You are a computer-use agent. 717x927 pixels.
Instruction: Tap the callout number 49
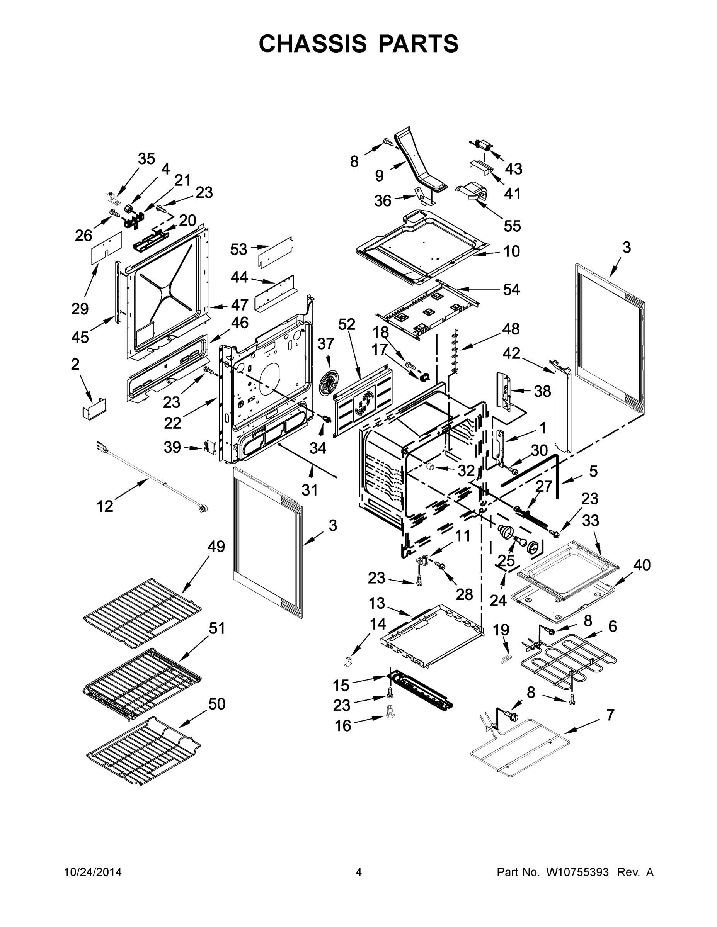[216, 546]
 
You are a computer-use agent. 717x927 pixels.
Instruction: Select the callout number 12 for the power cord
[104, 506]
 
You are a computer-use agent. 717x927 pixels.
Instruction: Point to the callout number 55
[512, 226]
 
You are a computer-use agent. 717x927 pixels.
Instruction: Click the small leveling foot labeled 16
[390, 712]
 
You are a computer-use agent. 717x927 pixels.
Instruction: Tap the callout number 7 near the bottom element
[610, 715]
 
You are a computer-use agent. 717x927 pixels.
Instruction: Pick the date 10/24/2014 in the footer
[93, 872]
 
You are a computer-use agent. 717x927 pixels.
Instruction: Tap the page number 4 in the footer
[359, 872]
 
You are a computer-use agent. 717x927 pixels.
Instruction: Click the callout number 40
[642, 565]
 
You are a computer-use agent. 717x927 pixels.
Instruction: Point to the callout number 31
[310, 490]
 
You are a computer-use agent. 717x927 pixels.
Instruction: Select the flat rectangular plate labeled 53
[276, 252]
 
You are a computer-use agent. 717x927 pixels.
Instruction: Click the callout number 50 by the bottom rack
[216, 704]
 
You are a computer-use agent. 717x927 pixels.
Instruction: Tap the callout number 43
[513, 168]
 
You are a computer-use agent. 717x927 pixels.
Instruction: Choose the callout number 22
[172, 423]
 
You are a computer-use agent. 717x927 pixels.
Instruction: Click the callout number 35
[146, 159]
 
